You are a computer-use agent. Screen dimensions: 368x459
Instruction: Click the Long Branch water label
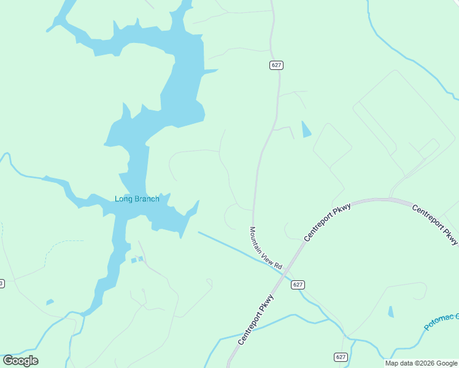click(137, 199)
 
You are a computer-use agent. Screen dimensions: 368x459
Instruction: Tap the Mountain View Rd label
click(265, 248)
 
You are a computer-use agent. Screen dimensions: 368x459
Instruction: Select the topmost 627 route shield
click(276, 65)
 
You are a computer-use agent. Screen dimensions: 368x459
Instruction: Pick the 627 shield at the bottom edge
click(341, 357)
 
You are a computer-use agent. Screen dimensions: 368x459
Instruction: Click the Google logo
click(20, 361)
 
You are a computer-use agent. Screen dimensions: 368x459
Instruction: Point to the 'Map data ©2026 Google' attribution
click(420, 363)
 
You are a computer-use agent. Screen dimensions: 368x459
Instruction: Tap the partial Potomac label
click(441, 323)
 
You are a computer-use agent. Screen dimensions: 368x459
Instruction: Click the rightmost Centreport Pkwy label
click(435, 225)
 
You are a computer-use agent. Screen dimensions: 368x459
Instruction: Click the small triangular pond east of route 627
click(306, 129)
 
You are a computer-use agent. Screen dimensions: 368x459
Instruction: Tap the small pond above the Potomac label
click(391, 312)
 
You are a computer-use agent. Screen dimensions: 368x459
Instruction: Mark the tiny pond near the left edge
click(50, 302)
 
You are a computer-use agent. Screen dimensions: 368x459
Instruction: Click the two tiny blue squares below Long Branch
click(137, 260)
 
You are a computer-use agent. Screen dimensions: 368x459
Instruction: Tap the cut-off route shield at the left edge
click(2, 283)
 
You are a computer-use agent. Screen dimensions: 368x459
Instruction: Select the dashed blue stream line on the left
click(55, 246)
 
